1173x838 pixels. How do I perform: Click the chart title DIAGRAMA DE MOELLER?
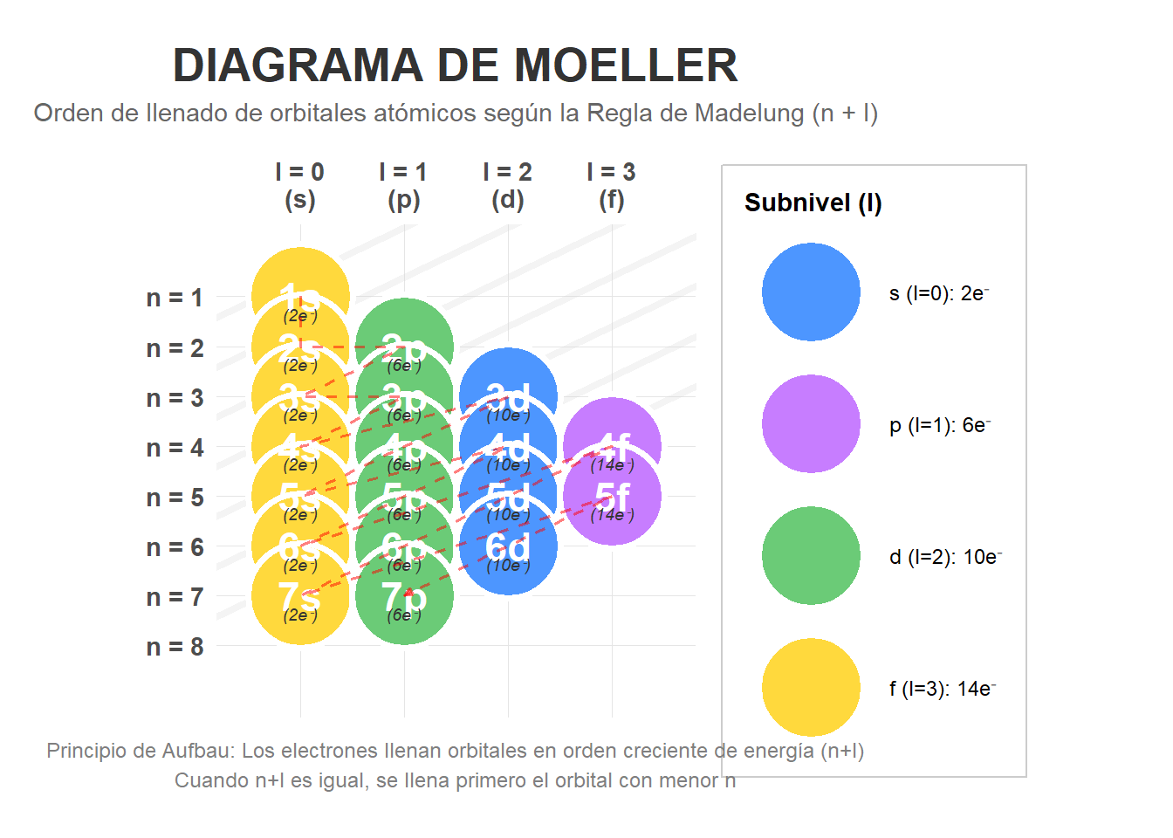455,65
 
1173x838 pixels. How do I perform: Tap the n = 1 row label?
175,298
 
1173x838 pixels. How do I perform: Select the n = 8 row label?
175,647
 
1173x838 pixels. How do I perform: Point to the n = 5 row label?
175,498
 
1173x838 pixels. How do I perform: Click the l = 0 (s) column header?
299,185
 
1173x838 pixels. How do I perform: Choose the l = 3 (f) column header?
611,185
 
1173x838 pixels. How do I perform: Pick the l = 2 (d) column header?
507,185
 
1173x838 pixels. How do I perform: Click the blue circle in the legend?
811,292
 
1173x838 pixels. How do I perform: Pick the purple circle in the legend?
811,424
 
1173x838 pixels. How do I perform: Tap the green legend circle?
811,556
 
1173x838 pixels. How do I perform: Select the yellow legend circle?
811,688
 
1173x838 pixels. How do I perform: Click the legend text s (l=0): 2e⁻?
939,293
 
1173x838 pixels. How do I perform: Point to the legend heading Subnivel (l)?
813,203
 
